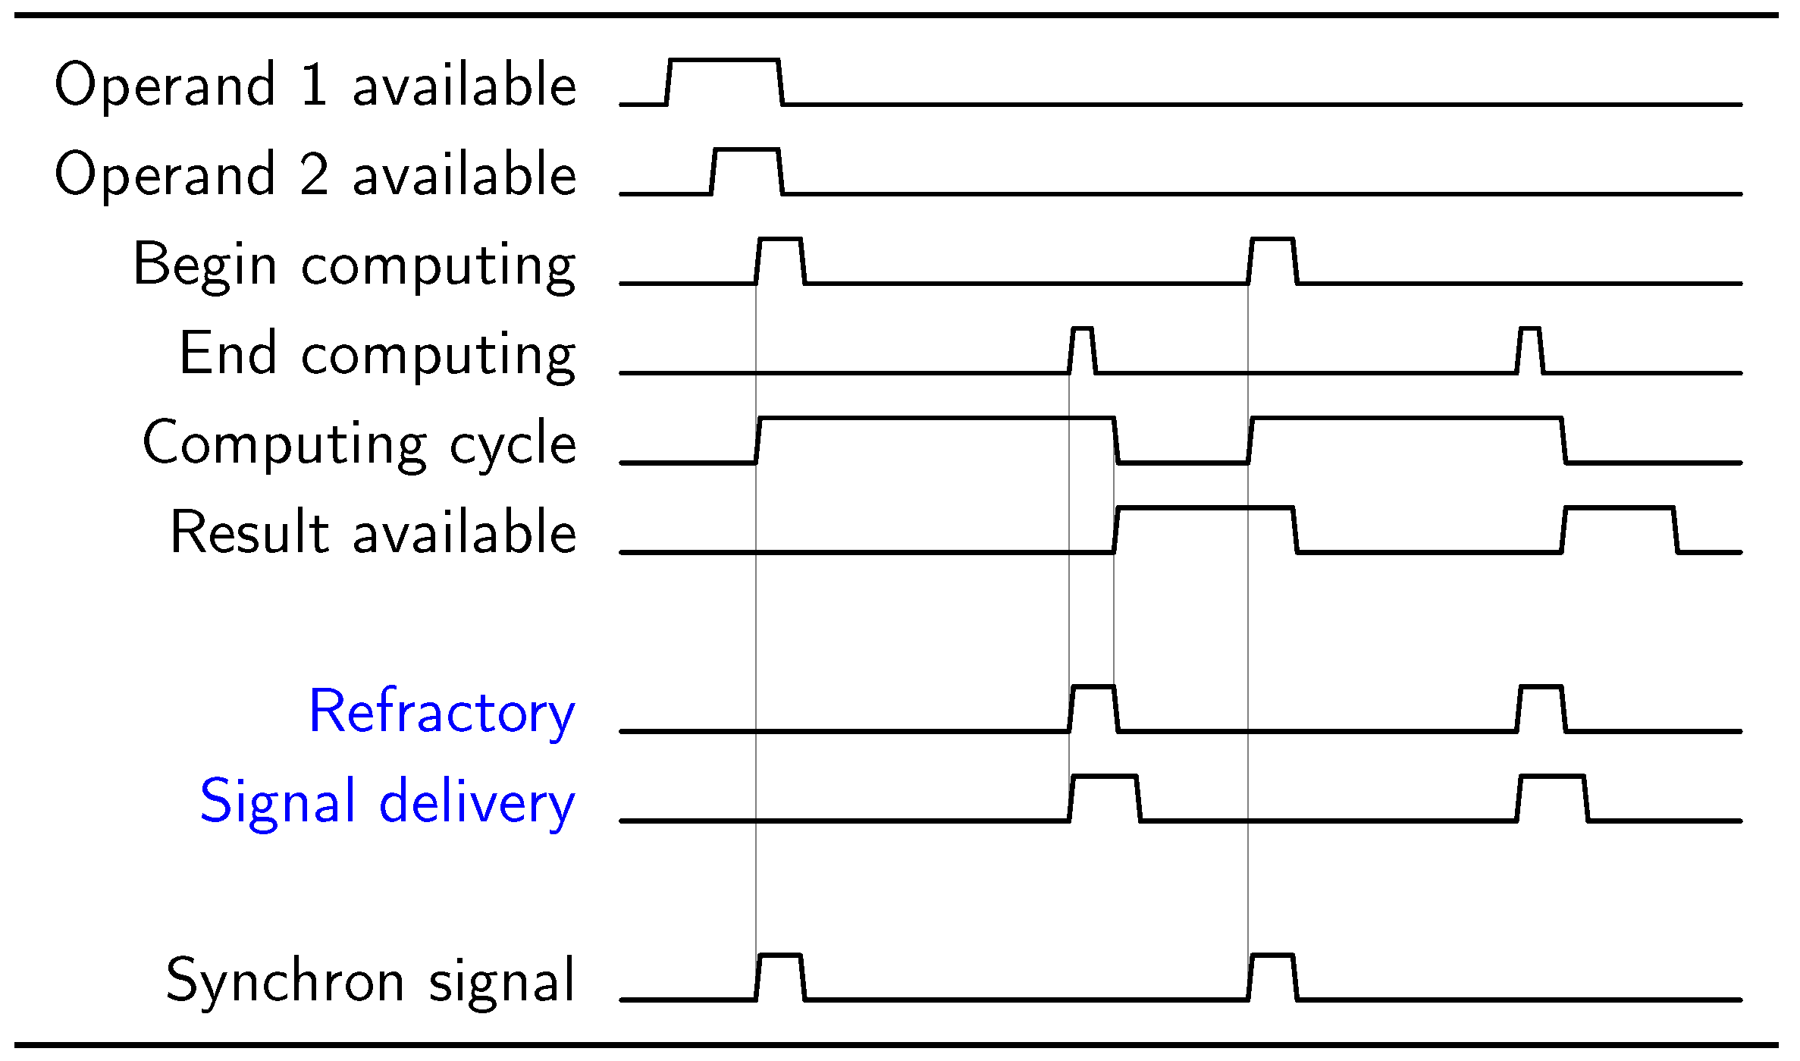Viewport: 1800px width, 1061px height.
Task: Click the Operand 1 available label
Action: tap(315, 84)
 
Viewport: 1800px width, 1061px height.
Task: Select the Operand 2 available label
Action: tap(315, 174)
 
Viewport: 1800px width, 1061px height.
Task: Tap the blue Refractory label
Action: tap(442, 711)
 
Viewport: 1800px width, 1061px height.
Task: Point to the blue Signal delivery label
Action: tap(387, 801)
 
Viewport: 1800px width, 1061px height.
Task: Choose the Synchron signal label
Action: tap(371, 980)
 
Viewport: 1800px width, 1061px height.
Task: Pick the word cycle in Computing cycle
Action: tap(513, 443)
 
